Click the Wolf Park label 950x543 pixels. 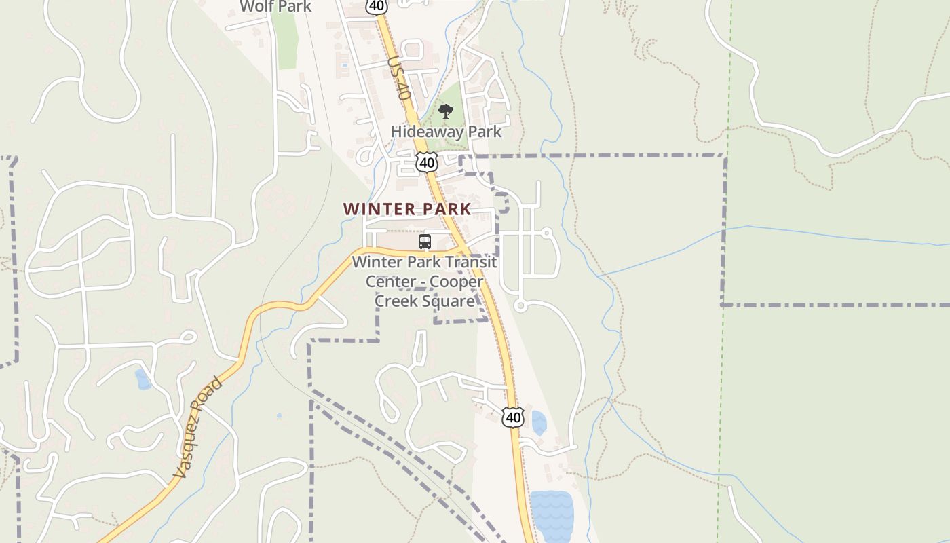click(275, 7)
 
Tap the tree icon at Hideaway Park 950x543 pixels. click(445, 111)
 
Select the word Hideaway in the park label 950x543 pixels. click(421, 132)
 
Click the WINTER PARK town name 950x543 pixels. click(406, 209)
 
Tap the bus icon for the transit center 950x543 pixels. click(425, 242)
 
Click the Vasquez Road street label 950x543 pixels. click(197, 428)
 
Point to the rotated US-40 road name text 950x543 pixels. click(400, 79)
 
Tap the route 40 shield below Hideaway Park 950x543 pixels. click(427, 162)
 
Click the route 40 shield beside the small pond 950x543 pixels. click(513, 417)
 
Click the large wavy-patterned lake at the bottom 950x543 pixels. click(552, 516)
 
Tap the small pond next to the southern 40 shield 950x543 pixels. click(539, 423)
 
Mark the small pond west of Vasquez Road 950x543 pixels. click(142, 379)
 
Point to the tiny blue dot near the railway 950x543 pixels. click(279, 416)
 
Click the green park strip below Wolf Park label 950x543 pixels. click(287, 41)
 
